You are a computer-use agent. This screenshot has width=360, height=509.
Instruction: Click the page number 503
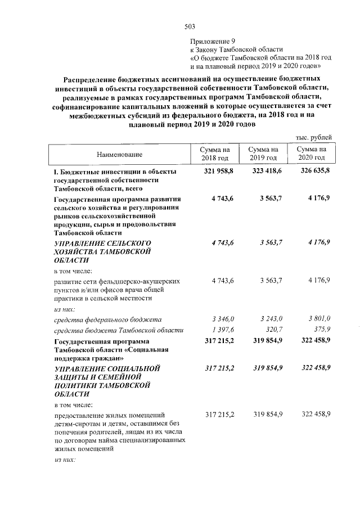(189, 26)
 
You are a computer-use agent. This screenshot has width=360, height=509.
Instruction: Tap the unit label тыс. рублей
(313, 137)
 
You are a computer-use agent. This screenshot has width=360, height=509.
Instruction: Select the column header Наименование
(119, 154)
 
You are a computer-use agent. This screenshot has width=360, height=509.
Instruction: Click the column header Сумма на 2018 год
(216, 154)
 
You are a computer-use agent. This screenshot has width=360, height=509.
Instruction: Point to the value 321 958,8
(215, 170)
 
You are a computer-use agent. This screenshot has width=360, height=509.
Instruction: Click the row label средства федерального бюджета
(107, 319)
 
